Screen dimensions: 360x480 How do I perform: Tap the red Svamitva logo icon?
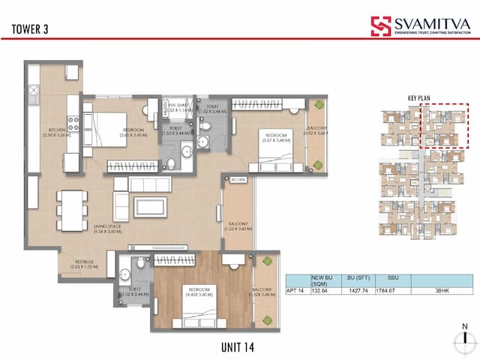[x=380, y=26]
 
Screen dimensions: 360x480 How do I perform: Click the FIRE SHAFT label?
[x=178, y=106]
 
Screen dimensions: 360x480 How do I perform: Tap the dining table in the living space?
[x=73, y=210]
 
